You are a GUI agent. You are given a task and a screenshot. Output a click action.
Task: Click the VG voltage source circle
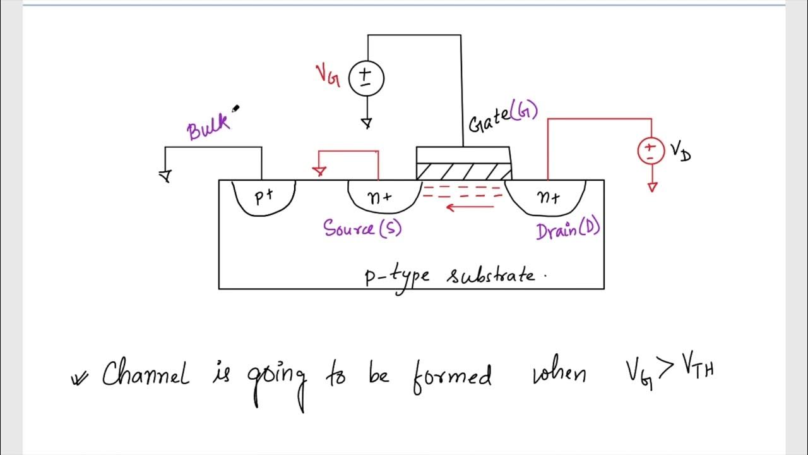[365, 78]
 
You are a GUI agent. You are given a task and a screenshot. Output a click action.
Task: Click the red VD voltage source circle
[650, 151]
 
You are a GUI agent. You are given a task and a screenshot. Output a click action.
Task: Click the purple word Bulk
[208, 128]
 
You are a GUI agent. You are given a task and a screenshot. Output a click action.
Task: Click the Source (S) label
[362, 227]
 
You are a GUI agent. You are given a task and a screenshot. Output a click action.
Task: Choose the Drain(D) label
[567, 230]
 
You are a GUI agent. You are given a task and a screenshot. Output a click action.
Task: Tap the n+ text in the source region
[379, 197]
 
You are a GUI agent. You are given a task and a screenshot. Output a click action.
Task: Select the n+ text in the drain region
[548, 198]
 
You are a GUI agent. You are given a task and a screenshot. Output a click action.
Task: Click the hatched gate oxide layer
[463, 171]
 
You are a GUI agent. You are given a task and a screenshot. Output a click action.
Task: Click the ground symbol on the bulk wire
[166, 176]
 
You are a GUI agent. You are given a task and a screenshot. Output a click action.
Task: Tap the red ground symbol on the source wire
[319, 171]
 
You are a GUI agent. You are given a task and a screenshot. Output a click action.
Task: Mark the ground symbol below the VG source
[366, 123]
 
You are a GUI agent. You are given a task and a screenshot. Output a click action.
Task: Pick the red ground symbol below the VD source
[652, 186]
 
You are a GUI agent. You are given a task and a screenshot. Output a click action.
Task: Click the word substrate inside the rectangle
[490, 276]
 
